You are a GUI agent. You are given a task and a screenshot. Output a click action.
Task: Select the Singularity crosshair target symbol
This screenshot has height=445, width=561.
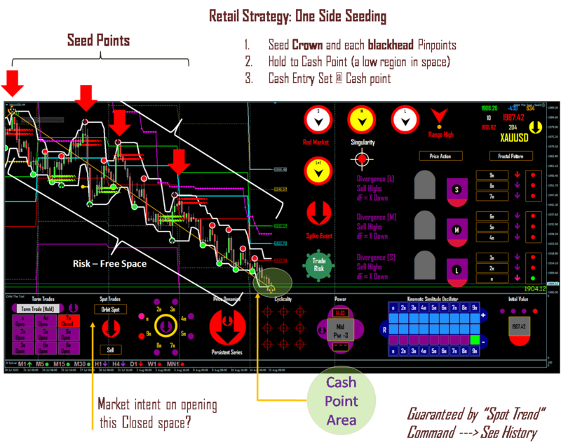tap(362, 159)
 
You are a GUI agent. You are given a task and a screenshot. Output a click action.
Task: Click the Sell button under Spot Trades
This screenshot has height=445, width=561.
tap(109, 349)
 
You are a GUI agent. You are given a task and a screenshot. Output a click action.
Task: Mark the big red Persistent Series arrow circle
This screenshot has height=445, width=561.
tap(227, 326)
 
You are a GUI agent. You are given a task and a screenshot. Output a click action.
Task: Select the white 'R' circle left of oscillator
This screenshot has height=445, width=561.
tap(383, 328)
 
